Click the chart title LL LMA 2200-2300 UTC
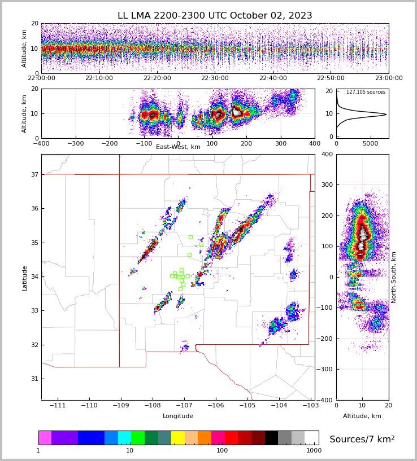coord(215,16)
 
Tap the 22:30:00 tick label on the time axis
coord(215,78)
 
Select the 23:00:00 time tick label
coord(389,78)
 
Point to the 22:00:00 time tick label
coord(41,78)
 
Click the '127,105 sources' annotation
coord(366,92)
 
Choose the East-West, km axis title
coord(178,147)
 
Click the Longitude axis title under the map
coord(178,416)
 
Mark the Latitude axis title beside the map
coord(25,278)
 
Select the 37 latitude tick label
coord(34,175)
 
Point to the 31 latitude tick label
coord(34,379)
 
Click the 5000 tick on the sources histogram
coord(371,144)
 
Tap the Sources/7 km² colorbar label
coord(362,440)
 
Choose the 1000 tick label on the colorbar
coord(314,451)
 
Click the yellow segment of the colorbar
coord(178,438)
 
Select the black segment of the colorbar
coord(271,438)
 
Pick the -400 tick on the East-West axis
coord(41,144)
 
